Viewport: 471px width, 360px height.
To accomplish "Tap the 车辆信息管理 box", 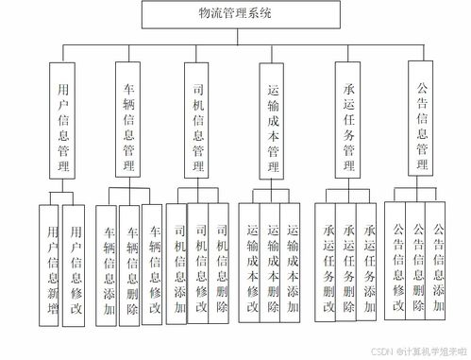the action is tap(129, 119).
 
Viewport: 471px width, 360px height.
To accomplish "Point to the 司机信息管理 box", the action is tap(198, 119).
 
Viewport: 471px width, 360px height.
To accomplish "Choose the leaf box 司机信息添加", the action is tap(178, 261).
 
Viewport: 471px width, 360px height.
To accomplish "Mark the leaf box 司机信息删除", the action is tap(222, 261).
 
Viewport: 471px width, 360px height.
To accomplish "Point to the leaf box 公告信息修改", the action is tap(398, 261).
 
